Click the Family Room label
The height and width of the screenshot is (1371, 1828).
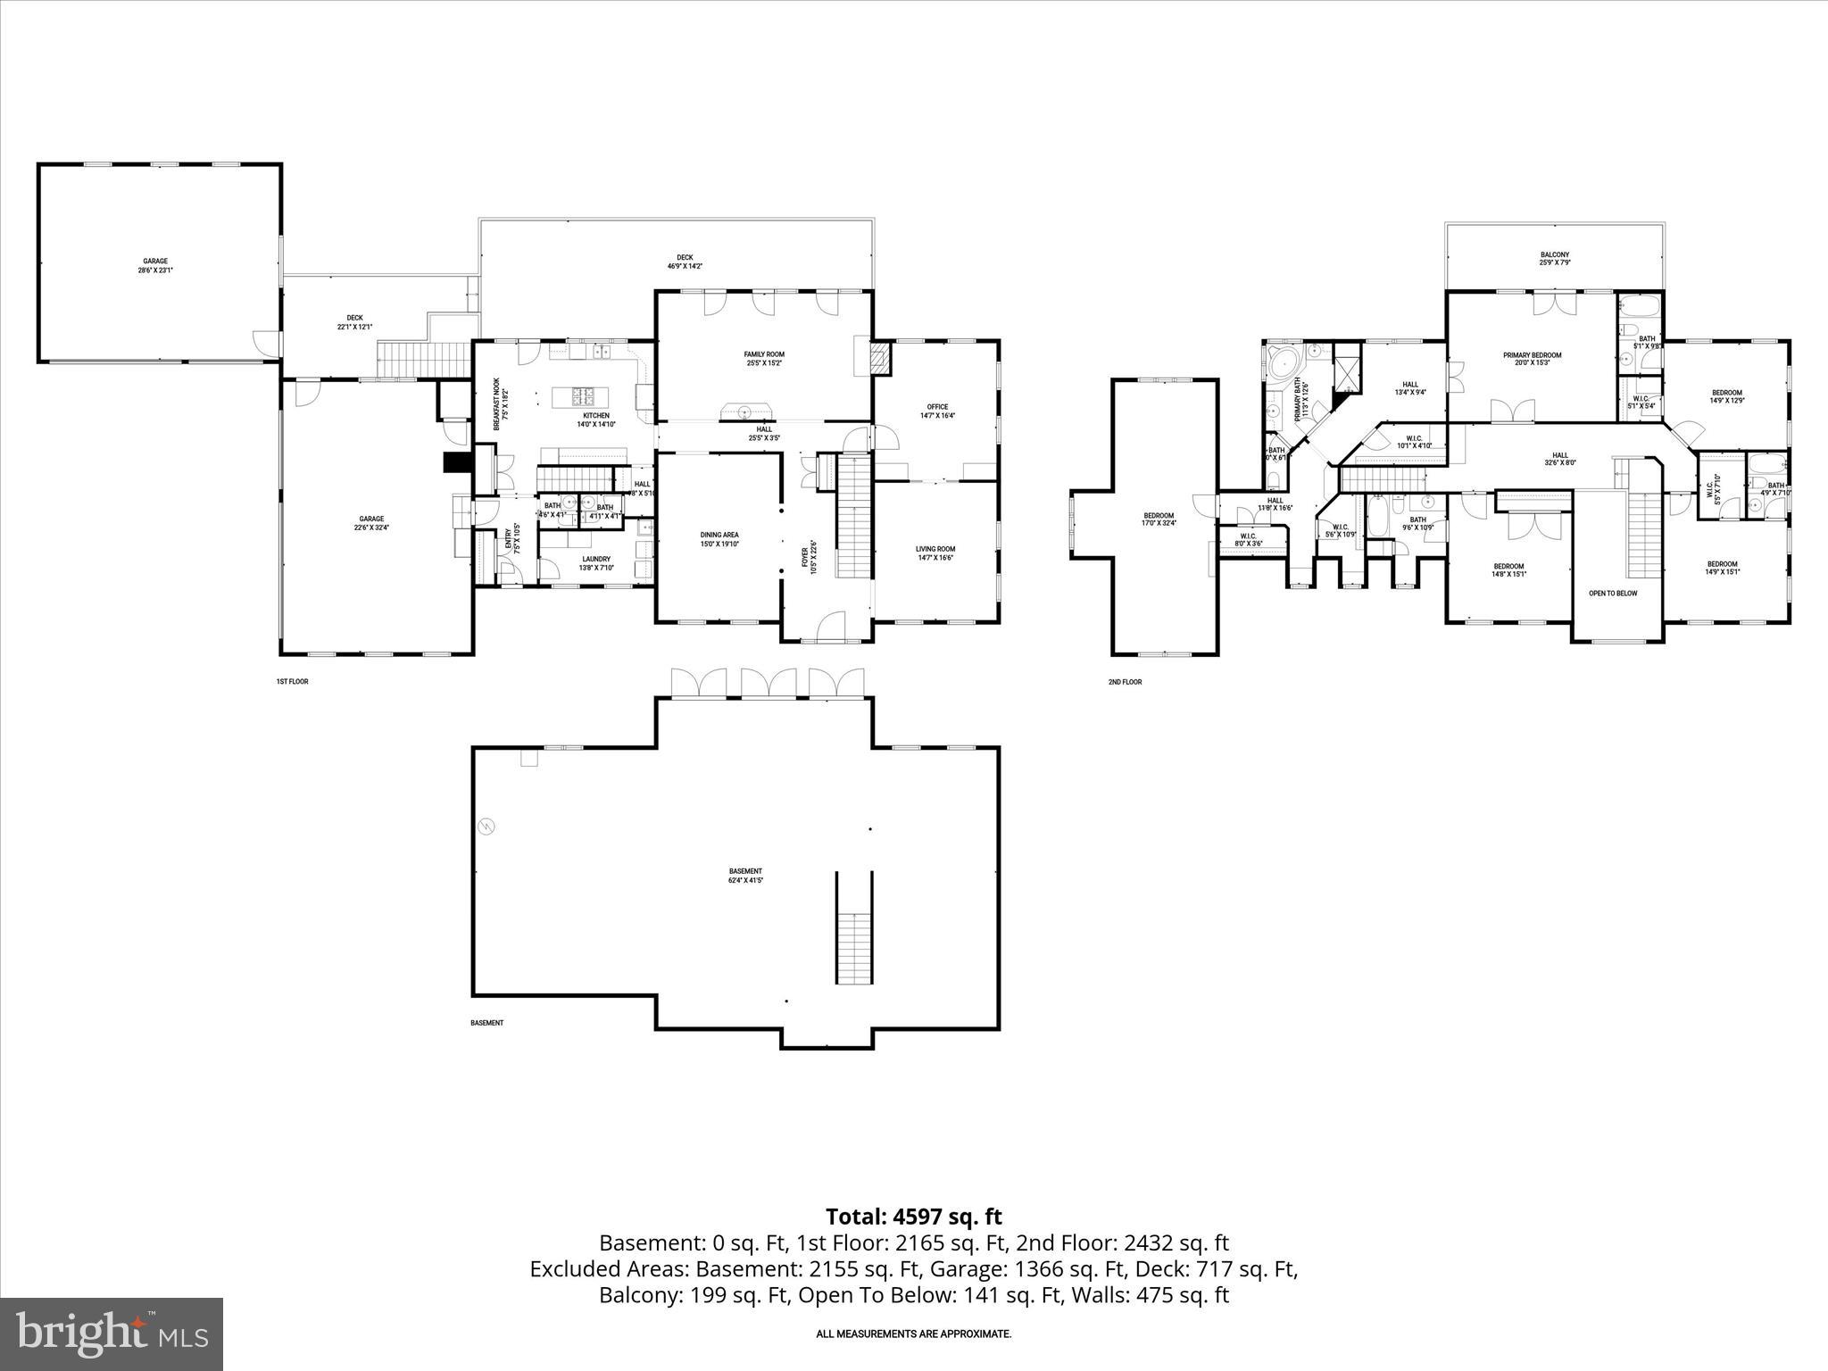(x=765, y=359)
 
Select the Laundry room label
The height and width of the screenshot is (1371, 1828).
(x=595, y=563)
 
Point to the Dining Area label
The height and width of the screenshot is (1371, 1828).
(x=719, y=539)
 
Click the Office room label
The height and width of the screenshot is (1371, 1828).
(x=936, y=411)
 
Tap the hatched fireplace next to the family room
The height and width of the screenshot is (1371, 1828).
(x=881, y=359)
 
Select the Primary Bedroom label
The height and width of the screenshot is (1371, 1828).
(x=1532, y=359)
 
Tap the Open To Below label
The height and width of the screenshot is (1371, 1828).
(x=1613, y=593)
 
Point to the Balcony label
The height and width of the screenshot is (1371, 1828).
(x=1554, y=258)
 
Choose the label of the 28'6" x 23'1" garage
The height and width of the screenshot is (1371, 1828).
(x=155, y=265)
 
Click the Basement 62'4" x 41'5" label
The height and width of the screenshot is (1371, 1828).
(x=745, y=876)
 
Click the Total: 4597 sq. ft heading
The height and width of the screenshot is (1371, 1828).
(x=913, y=1217)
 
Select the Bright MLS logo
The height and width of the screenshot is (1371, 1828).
(x=112, y=1334)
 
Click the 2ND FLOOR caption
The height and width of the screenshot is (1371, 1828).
(x=1125, y=682)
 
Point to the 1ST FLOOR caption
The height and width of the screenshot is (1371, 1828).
(x=292, y=681)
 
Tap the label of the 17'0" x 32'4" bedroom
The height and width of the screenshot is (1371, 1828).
(x=1159, y=519)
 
